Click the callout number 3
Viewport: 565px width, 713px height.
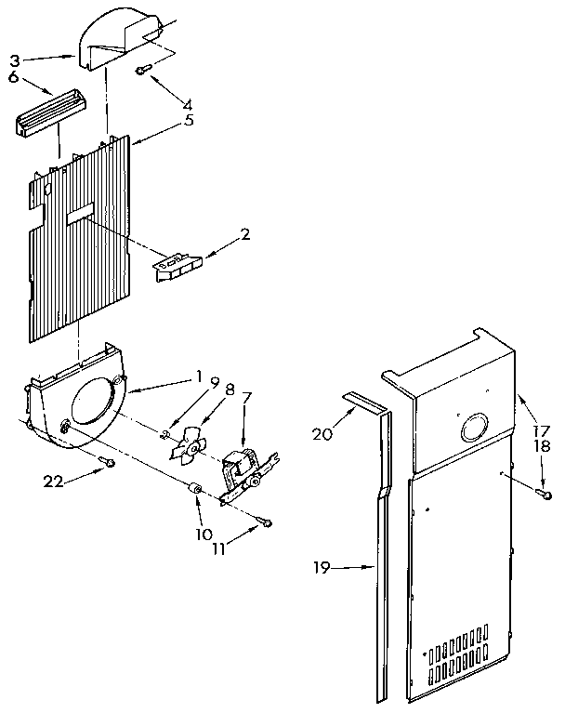pos(14,60)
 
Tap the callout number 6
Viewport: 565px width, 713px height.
pos(14,78)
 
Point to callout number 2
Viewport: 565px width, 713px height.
pos(245,235)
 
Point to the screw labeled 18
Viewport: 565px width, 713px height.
pos(546,494)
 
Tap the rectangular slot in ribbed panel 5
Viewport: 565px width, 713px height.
pos(81,216)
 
